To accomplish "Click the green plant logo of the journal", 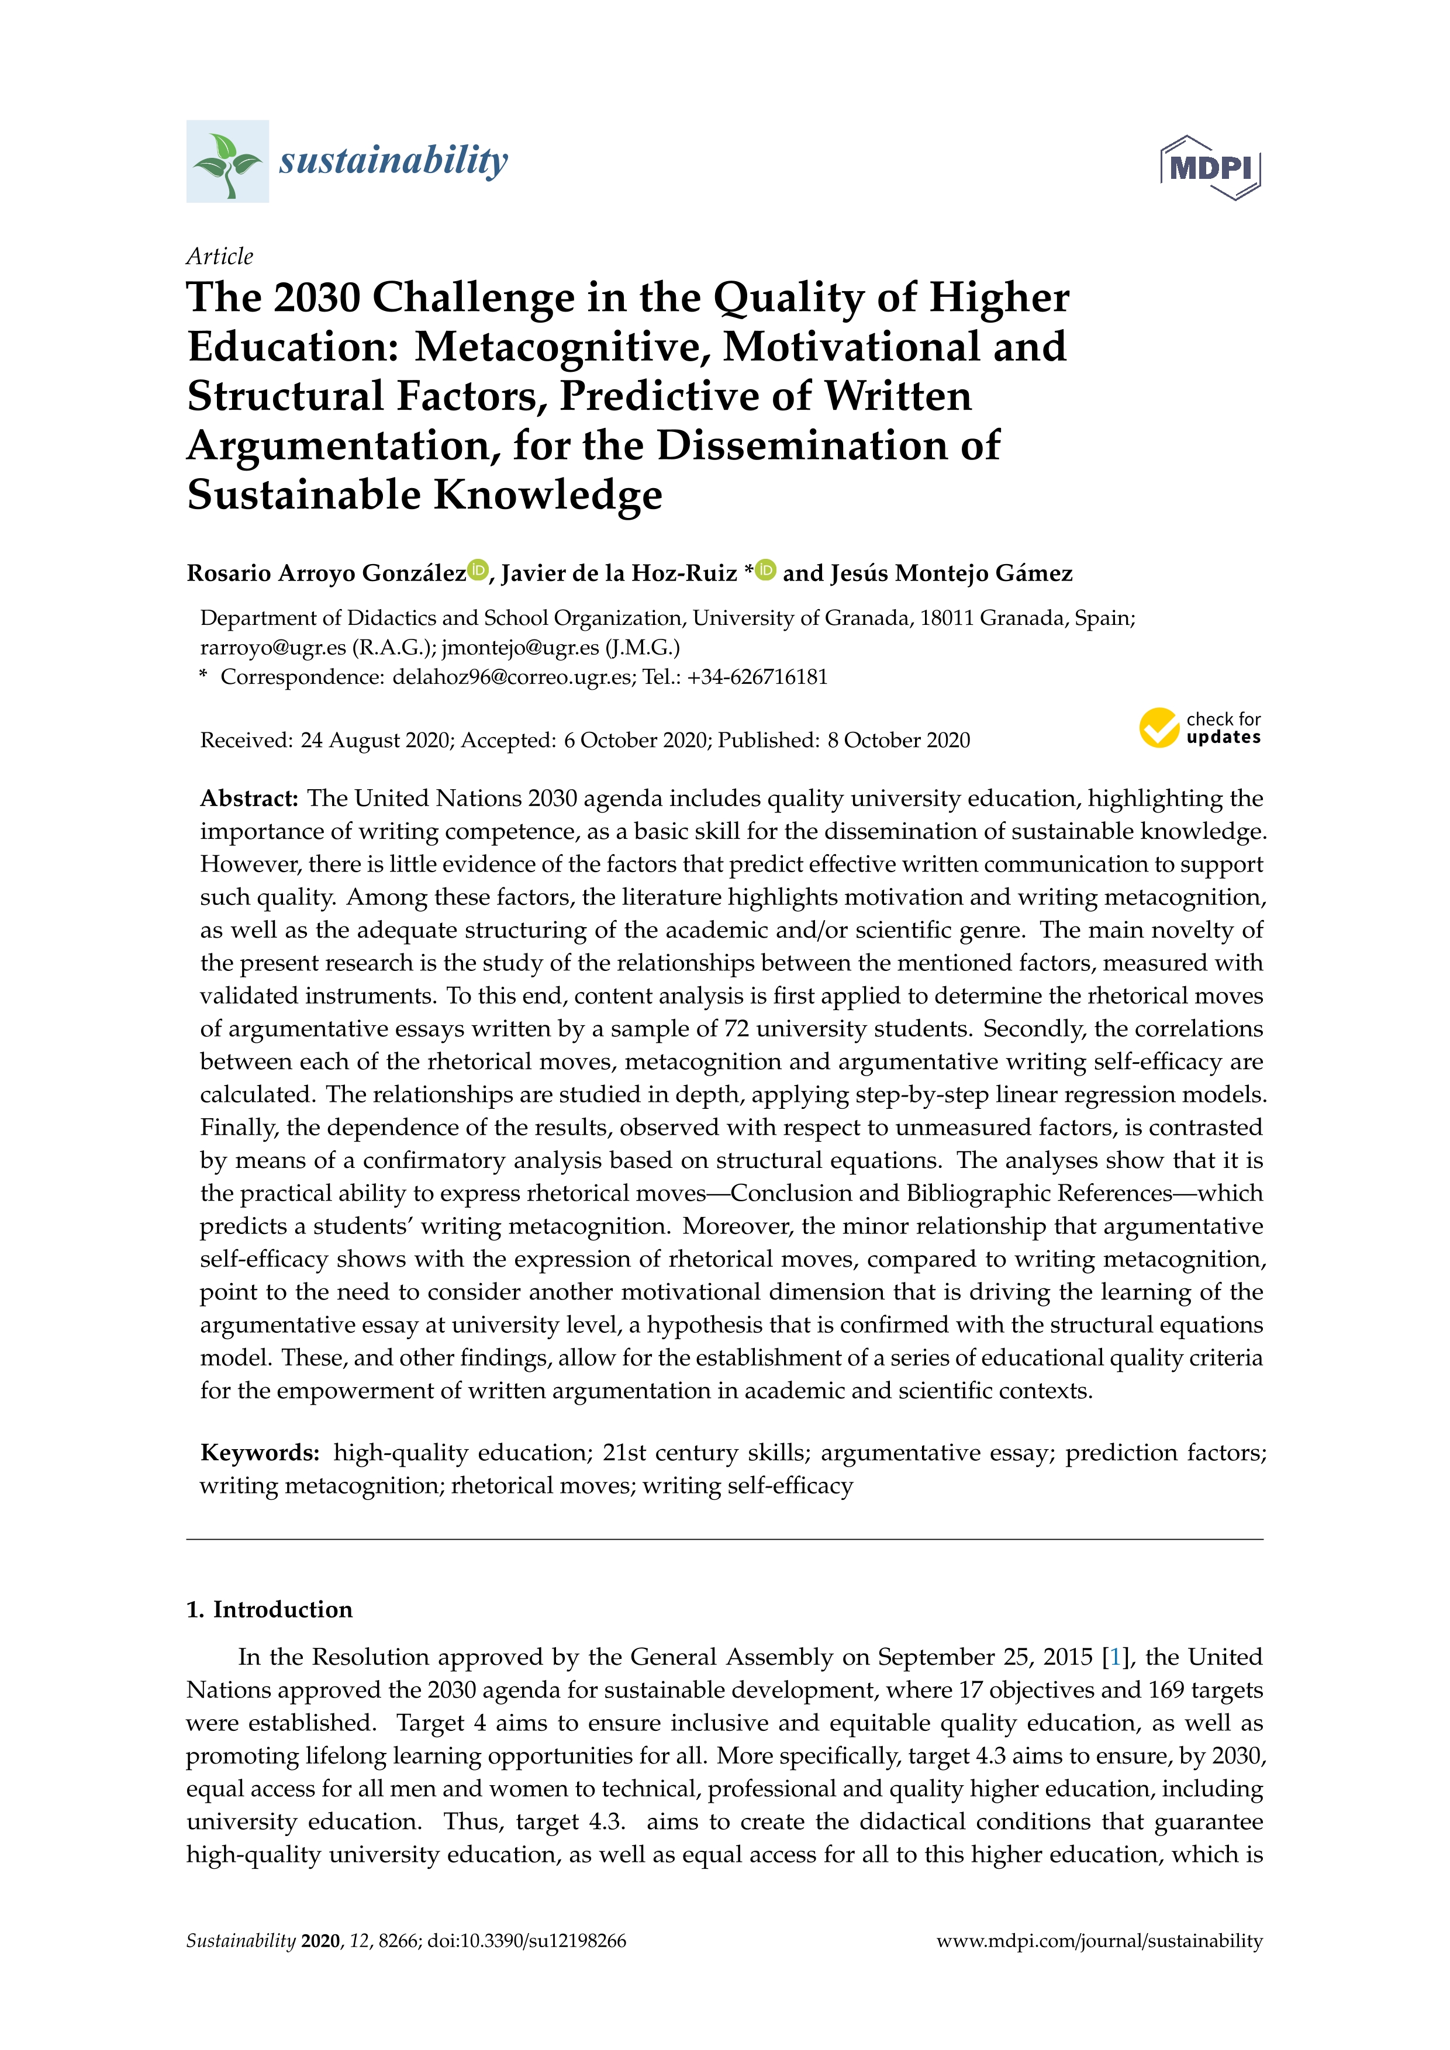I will [227, 161].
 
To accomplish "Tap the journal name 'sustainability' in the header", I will [393, 161].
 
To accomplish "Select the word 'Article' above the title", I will [220, 256].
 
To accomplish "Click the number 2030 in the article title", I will [316, 298].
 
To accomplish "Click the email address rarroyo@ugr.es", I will [272, 647].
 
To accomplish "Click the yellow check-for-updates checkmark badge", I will [1159, 728].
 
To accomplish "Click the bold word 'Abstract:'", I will [249, 798].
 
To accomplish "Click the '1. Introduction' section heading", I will [270, 1610].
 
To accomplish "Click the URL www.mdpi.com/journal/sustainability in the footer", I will [1099, 1941].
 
